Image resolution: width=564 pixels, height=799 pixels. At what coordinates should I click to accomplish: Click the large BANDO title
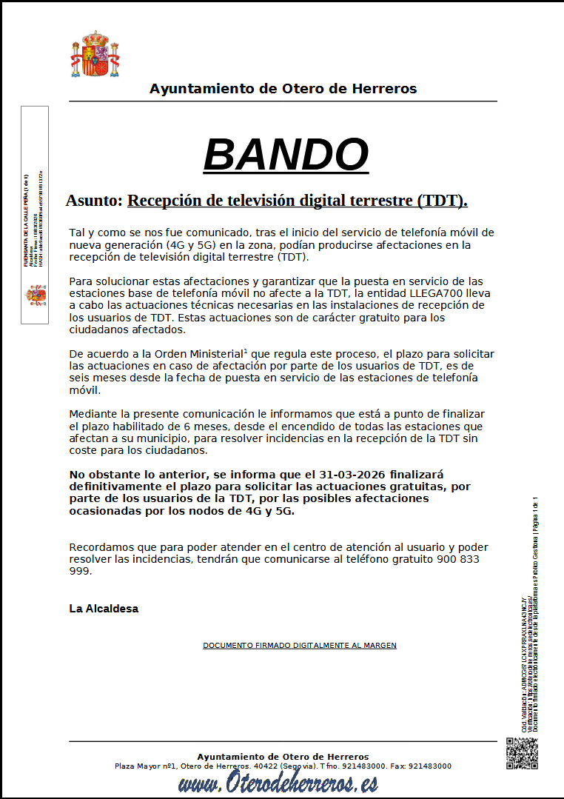(286, 155)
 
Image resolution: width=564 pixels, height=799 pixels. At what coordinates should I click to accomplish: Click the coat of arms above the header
(95, 55)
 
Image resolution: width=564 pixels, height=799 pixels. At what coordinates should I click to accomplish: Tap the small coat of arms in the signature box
(36, 295)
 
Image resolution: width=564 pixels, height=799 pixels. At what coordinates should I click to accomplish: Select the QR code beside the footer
(521, 753)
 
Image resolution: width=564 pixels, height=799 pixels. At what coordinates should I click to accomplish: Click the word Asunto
(93, 201)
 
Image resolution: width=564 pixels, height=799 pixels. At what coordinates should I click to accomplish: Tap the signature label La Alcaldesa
(104, 609)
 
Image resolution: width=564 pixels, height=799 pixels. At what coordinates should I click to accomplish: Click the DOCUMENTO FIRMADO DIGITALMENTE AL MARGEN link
(300, 646)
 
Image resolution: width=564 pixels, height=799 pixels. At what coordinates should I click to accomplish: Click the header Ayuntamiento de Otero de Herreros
(283, 89)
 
